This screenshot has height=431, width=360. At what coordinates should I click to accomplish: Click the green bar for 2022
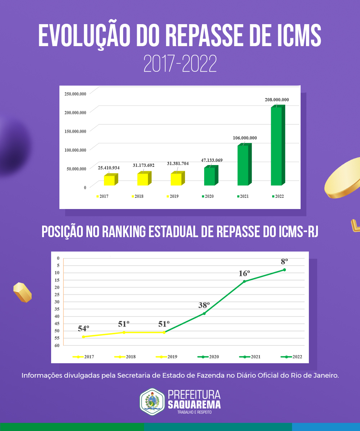click(x=276, y=146)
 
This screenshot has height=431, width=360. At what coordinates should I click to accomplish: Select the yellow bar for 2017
click(x=109, y=180)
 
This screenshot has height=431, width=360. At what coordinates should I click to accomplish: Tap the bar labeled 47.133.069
click(x=210, y=176)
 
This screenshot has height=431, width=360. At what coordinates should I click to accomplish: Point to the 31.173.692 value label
click(x=144, y=165)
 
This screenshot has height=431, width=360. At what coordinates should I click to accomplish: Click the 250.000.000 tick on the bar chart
click(x=75, y=94)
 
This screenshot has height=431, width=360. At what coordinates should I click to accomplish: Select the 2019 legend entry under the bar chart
click(x=172, y=196)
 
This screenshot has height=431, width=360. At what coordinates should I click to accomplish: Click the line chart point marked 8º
click(x=284, y=270)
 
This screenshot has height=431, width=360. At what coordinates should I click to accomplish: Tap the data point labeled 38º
click(x=204, y=314)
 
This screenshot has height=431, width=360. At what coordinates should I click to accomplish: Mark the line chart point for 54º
click(x=84, y=337)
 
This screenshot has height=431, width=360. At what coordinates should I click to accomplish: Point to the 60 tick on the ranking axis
click(x=57, y=345)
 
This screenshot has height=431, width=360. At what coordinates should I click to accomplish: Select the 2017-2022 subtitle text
click(x=180, y=64)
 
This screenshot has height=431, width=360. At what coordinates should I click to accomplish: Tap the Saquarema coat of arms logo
click(x=152, y=401)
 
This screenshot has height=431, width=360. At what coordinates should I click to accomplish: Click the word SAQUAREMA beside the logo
click(x=194, y=404)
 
